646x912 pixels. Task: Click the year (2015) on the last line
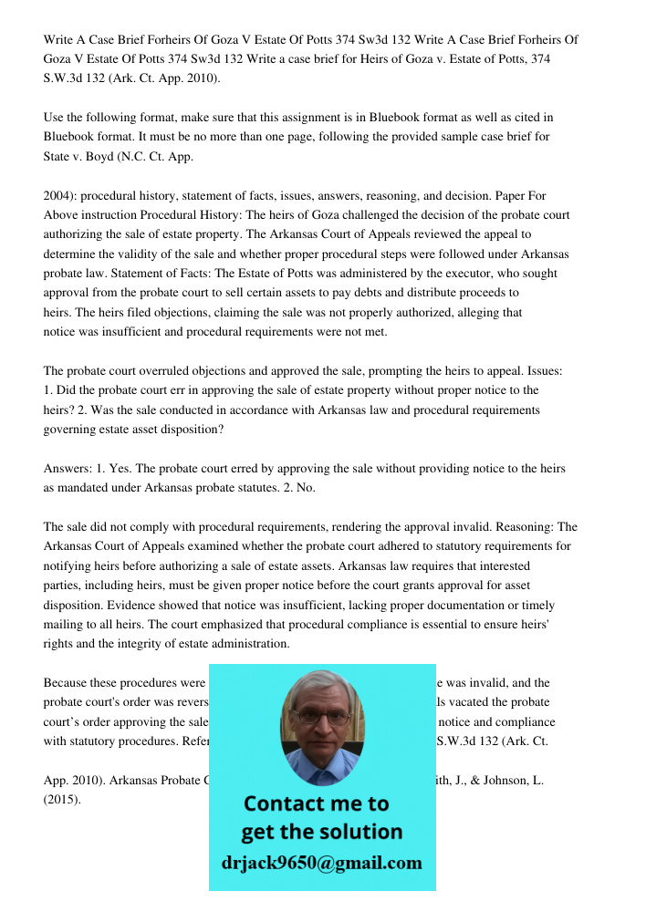point(62,800)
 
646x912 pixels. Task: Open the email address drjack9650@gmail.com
point(322,863)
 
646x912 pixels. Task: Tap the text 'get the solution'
point(322,832)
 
